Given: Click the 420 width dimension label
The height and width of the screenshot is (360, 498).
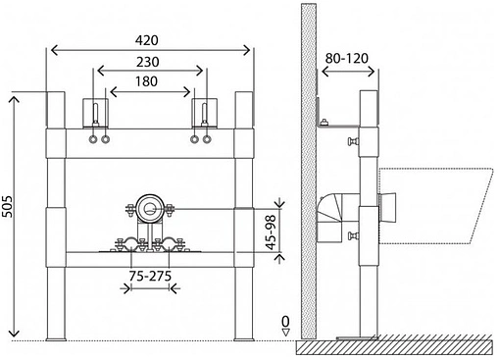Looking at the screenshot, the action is (x=147, y=40).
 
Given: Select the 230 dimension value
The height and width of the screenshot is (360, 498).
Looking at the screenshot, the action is (x=148, y=62).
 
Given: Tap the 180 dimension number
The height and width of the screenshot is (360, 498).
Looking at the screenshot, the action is (x=146, y=81).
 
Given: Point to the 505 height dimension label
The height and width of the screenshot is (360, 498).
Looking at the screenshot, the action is (x=7, y=206).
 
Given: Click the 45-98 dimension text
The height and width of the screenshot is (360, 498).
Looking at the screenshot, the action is (x=271, y=232).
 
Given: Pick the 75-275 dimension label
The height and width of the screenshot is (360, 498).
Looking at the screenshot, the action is (x=150, y=277).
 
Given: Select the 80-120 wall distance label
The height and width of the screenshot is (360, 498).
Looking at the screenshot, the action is (x=347, y=58).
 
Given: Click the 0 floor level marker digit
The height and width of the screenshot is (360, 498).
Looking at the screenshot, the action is (x=285, y=322).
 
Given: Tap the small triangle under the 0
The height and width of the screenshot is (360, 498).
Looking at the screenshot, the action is (x=286, y=333).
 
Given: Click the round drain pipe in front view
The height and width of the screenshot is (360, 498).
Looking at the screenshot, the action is (x=150, y=207).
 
